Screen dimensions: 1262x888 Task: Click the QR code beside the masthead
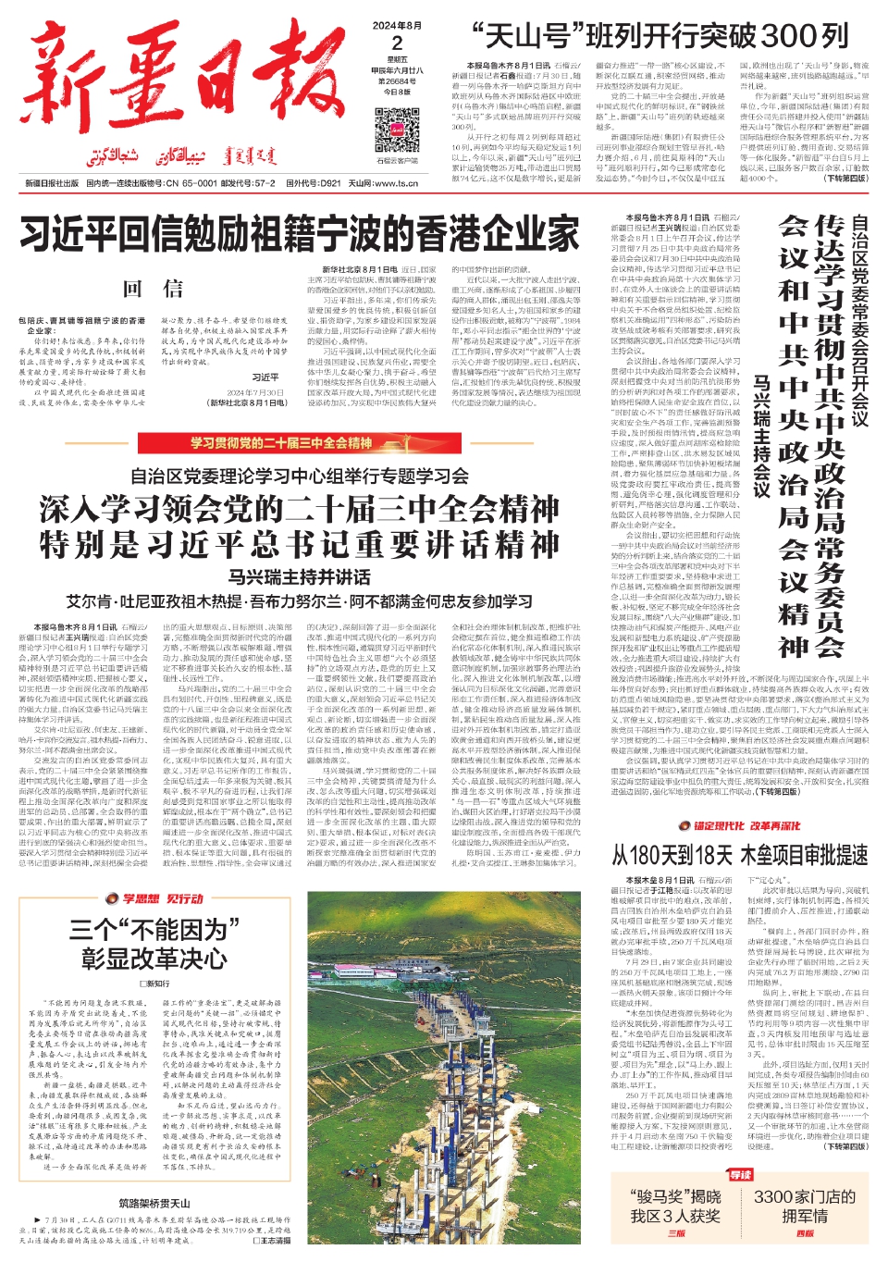[397, 131]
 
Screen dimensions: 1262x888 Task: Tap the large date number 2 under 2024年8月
[397, 43]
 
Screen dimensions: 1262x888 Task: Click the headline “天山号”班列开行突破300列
[660, 36]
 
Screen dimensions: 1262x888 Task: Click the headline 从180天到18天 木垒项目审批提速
[739, 855]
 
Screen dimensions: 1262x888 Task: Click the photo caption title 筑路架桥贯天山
[154, 1204]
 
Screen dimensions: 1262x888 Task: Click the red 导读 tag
[741, 1175]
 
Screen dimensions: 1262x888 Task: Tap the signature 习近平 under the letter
[265, 377]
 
